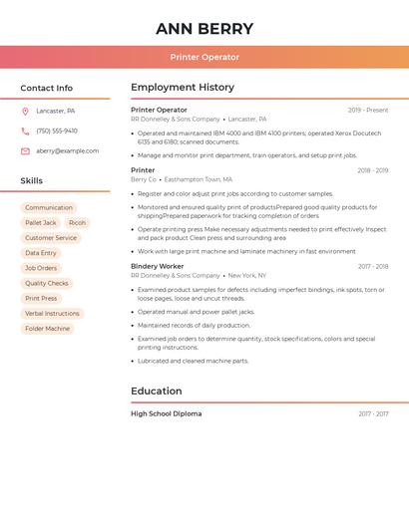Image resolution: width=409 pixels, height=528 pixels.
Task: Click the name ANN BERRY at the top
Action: [x=204, y=29]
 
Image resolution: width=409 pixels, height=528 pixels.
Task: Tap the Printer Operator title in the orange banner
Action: [x=204, y=57]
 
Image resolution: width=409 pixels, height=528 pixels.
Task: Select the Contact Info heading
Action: [x=47, y=88]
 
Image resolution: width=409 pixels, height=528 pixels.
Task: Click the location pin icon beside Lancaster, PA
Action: [x=25, y=111]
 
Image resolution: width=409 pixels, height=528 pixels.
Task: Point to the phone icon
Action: [x=25, y=131]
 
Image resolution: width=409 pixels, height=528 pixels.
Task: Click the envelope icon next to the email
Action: [x=25, y=151]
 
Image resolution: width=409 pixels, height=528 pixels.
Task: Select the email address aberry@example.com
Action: [x=68, y=151]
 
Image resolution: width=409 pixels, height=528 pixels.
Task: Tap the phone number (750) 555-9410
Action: [x=57, y=131]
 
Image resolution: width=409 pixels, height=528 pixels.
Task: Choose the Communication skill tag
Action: [x=49, y=208]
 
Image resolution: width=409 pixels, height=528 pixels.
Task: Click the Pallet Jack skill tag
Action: [x=41, y=223]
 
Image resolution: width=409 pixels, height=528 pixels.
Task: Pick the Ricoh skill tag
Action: [x=77, y=223]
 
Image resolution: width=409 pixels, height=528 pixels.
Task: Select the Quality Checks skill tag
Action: [x=47, y=283]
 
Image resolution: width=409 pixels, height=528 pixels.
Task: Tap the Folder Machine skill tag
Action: [x=47, y=328]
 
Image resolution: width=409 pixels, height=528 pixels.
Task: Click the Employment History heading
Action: [x=183, y=88]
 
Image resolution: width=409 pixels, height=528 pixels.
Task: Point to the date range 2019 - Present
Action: [x=368, y=110]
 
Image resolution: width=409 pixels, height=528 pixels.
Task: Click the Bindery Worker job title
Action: [x=158, y=266]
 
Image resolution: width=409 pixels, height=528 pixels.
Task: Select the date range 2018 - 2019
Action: [x=372, y=170]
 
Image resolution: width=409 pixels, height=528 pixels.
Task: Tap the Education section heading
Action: [x=157, y=391]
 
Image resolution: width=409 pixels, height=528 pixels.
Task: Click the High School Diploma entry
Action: [x=166, y=413]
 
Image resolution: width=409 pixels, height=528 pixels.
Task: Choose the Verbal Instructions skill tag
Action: [x=52, y=313]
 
